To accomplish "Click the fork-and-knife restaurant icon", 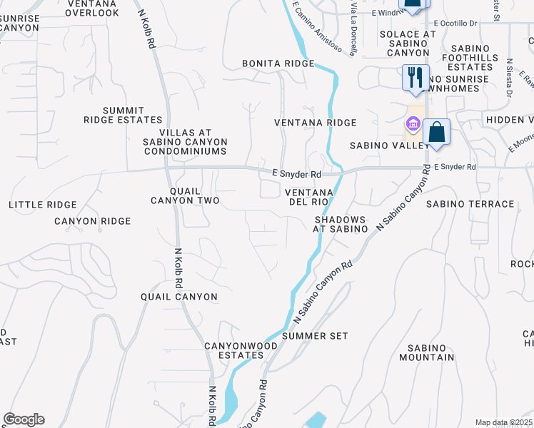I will click(x=415, y=76).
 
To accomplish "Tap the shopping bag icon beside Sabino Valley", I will click(x=436, y=132).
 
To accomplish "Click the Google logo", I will click(x=24, y=419).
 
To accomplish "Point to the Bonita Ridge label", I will click(x=278, y=63).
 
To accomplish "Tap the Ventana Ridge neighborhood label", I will click(x=316, y=123).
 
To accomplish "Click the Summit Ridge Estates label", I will click(x=123, y=115).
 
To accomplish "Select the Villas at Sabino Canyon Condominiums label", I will click(x=186, y=142).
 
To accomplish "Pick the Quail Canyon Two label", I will click(x=185, y=195).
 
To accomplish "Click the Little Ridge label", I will click(x=42, y=205).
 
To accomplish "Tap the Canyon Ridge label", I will click(x=93, y=221).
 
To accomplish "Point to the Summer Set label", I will click(x=315, y=335).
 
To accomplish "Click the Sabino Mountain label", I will click(x=427, y=352).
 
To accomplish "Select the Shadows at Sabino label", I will click(x=341, y=224).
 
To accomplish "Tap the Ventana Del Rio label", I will click(x=309, y=198).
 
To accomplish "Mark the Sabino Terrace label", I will click(x=470, y=204).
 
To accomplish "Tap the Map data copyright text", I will click(x=504, y=422).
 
